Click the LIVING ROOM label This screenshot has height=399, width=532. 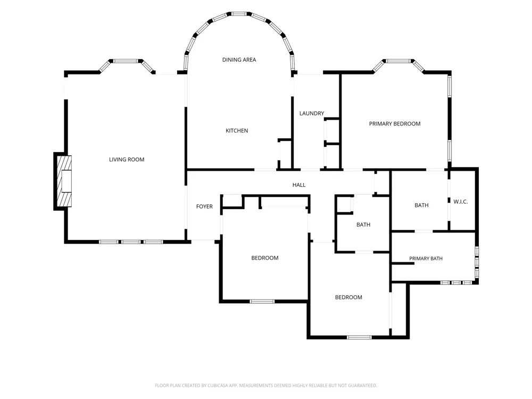coord(127,160)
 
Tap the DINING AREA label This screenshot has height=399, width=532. coord(239,60)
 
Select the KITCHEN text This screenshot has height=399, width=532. coord(237,131)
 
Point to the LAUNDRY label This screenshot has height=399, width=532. coord(312,113)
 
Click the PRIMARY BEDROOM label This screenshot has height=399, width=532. coord(395,124)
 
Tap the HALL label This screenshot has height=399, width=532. coord(299,185)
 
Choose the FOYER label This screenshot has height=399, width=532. coord(205,206)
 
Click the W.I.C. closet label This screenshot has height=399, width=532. coord(461,202)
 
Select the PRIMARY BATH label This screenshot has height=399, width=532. coord(426,259)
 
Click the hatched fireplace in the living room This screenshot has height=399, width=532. coord(64,181)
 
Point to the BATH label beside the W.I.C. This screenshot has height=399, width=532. coord(422,205)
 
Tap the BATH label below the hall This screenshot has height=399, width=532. coord(363,225)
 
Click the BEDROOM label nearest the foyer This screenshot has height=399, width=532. coord(265,258)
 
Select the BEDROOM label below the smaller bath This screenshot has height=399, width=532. coord(349,297)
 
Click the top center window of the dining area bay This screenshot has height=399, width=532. coord(239,14)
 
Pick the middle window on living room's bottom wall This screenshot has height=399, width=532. coord(131,242)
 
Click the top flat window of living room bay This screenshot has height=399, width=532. coord(126,61)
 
